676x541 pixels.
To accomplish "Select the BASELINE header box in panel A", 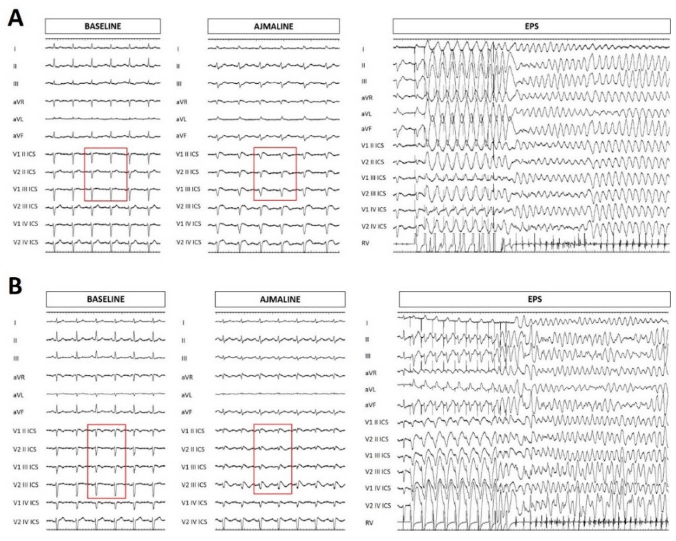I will click(103, 26).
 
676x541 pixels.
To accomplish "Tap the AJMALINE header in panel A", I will click(274, 26).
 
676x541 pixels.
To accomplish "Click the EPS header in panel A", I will click(531, 26).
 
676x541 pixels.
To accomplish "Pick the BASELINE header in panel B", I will click(106, 299).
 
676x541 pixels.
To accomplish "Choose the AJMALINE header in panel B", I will click(280, 299).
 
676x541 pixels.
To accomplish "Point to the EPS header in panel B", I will click(535, 299).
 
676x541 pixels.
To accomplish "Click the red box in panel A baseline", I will click(106, 174).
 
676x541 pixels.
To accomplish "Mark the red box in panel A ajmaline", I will click(275, 174).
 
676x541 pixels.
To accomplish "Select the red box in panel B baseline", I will click(107, 461).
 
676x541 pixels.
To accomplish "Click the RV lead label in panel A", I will click(365, 243).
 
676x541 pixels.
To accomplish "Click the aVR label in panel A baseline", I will click(19, 102).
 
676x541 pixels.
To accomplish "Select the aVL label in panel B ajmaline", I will click(186, 395).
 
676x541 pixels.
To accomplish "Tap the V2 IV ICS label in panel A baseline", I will click(25, 242).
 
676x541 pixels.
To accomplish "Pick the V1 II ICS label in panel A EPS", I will click(372, 145).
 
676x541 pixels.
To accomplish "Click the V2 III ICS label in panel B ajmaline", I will click(194, 485).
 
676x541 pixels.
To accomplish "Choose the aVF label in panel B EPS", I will click(370, 405).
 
